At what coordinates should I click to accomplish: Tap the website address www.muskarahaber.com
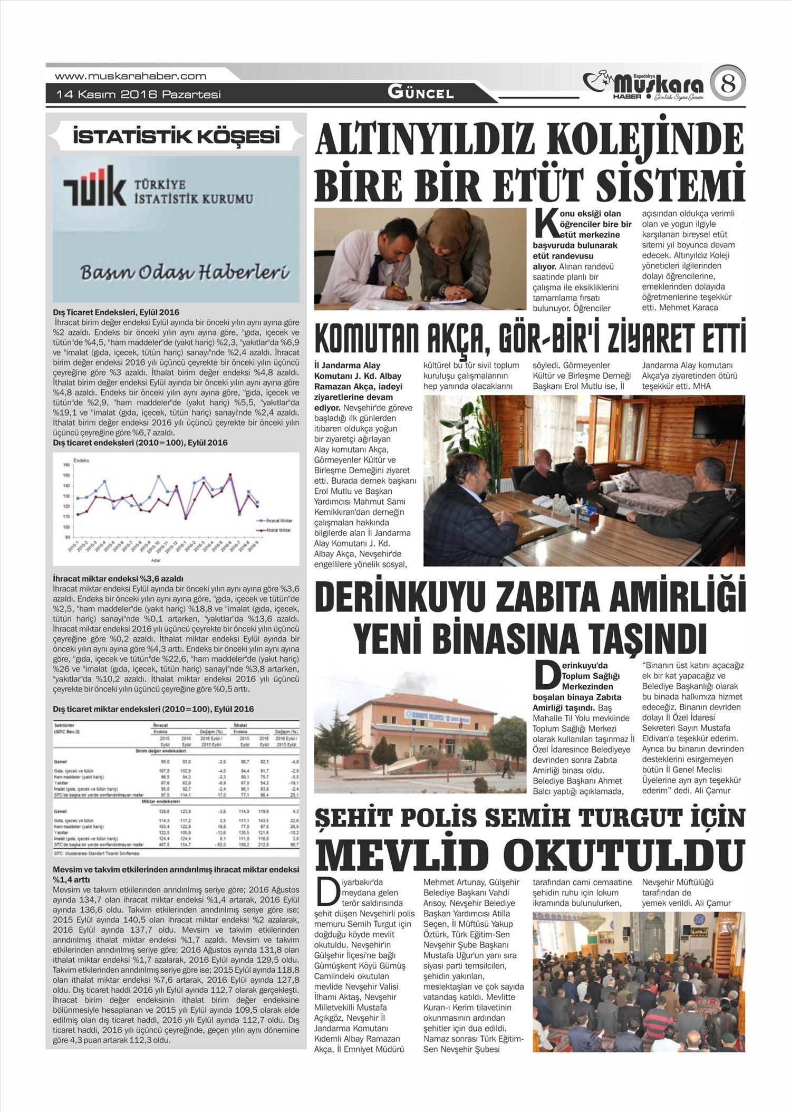[x=130, y=76]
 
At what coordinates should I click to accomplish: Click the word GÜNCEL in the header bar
[x=420, y=93]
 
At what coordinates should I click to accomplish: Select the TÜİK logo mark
[x=94, y=185]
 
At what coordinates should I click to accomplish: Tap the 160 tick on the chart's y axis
[x=66, y=465]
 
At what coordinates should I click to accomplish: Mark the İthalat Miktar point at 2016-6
[x=230, y=474]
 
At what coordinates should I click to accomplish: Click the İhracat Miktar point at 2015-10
[x=158, y=476]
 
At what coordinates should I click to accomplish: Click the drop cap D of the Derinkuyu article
[x=546, y=676]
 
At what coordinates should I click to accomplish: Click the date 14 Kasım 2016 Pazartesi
[x=138, y=95]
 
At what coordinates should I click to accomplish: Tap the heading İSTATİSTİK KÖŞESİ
[x=176, y=137]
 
